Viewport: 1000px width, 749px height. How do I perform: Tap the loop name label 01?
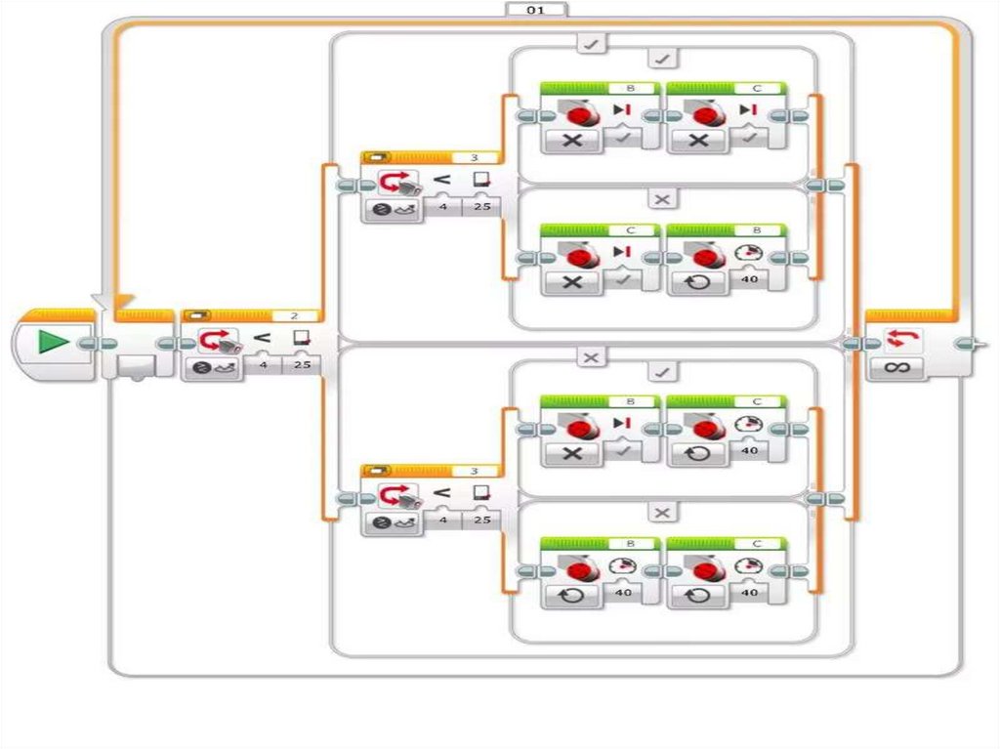[x=536, y=10]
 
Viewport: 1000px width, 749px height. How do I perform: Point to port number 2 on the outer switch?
[x=292, y=315]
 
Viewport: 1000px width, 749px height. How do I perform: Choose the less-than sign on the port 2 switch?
[x=262, y=338]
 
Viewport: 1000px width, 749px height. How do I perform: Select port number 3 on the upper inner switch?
[x=475, y=156]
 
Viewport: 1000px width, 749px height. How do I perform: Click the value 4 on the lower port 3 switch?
[x=444, y=520]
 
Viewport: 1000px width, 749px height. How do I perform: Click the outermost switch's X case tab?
[x=590, y=357]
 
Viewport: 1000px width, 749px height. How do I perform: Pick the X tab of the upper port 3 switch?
[x=662, y=199]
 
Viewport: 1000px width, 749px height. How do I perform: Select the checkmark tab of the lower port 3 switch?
[x=662, y=371]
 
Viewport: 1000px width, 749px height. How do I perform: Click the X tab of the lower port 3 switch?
[x=662, y=513]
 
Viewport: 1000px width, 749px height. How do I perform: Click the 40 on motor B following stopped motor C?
[x=750, y=280]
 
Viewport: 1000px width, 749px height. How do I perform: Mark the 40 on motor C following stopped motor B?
[x=750, y=450]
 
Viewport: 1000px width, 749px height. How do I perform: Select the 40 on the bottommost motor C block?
[x=750, y=592]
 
